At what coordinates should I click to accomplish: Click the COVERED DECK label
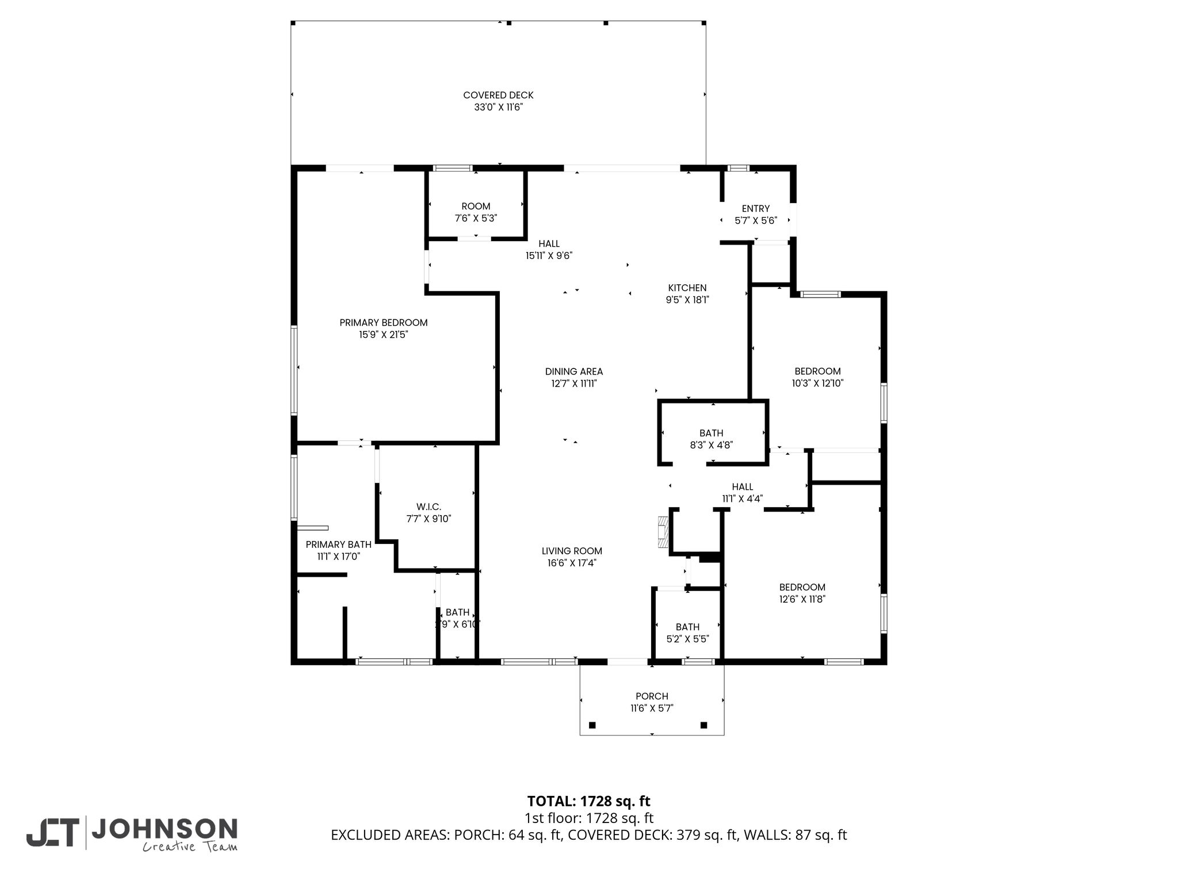(498, 95)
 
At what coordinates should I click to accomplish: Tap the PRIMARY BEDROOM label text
(384, 323)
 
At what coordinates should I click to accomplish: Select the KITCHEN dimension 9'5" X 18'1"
(687, 300)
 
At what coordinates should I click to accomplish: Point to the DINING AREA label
(574, 372)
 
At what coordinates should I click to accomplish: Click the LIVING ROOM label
(572, 551)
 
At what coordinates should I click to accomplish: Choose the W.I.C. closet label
(429, 507)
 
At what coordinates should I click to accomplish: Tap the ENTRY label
(756, 209)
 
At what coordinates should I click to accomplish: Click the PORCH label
(652, 697)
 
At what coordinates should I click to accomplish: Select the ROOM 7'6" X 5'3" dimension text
(476, 219)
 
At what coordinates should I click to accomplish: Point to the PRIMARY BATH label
(338, 544)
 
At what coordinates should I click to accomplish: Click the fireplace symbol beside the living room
(664, 532)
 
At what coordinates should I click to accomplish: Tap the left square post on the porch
(593, 725)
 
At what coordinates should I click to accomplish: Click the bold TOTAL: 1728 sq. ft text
(588, 801)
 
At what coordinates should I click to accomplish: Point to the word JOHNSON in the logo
(165, 829)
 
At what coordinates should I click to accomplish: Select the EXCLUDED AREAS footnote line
(588, 835)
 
